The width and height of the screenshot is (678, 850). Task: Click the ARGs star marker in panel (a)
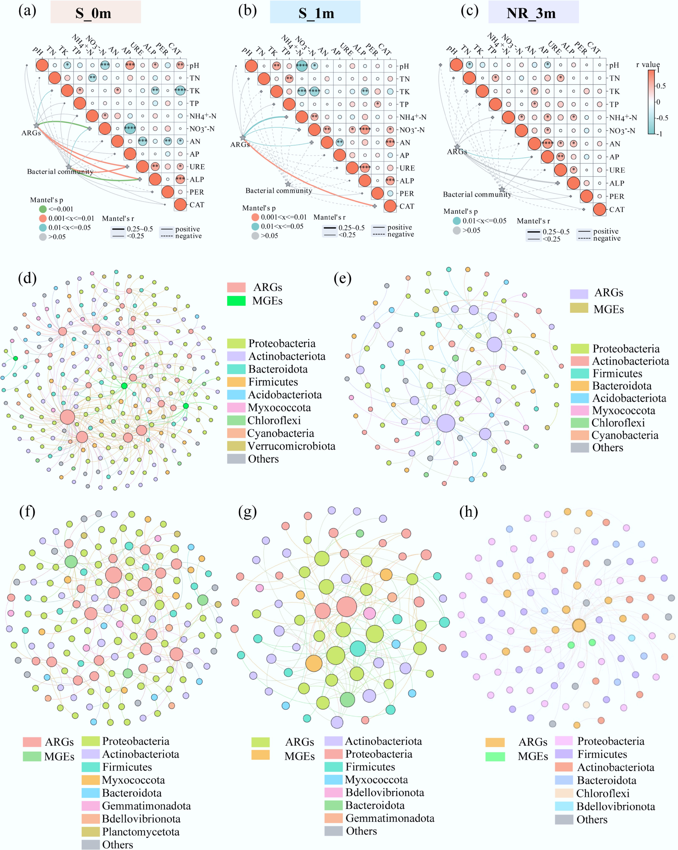tap(36, 125)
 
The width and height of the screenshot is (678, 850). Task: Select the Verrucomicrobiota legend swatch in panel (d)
tap(236, 446)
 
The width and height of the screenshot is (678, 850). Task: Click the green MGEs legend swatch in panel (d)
tap(236, 301)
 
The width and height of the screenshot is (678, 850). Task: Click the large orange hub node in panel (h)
tap(579, 625)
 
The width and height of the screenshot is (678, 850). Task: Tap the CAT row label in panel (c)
tap(616, 209)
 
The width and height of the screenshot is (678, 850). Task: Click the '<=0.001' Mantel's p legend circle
tap(43, 209)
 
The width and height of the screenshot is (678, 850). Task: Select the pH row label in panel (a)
tap(194, 65)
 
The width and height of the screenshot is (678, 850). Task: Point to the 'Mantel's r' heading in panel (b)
tap(329, 217)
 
